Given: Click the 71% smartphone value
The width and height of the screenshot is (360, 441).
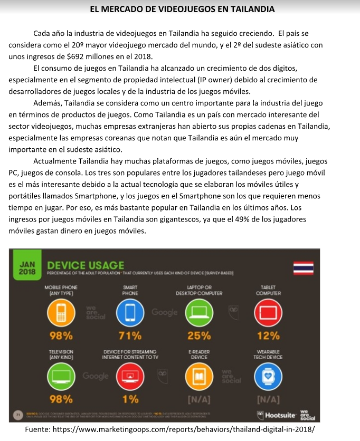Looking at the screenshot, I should click(x=130, y=335).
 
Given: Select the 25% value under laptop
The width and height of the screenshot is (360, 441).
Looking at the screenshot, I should click(x=198, y=335).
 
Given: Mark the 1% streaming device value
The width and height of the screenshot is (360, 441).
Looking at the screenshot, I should click(x=130, y=398).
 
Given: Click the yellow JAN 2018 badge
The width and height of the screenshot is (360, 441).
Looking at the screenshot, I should click(x=27, y=266).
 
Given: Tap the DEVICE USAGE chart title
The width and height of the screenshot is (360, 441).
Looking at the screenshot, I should click(x=86, y=265).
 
